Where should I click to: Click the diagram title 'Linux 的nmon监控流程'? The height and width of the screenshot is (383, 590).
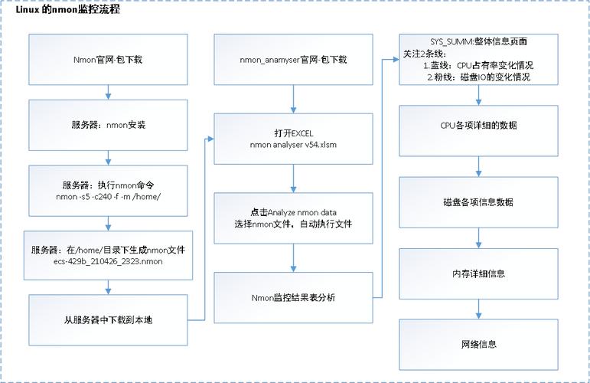coord(68,9)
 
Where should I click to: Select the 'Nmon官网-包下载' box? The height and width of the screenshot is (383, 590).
coord(108,60)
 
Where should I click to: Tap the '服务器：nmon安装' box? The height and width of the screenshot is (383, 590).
coord(108,125)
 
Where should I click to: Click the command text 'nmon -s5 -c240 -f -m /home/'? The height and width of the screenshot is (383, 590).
coord(109,197)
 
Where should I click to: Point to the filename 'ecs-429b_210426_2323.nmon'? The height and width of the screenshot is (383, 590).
coord(108,261)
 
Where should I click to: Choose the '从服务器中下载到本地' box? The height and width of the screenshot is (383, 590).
coord(108,320)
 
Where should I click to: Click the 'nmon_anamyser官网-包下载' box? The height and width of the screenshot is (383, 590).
coord(294,60)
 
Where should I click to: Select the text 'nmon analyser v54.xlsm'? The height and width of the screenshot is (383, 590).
coord(294,145)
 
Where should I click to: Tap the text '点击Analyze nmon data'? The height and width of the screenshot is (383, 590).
coord(294,212)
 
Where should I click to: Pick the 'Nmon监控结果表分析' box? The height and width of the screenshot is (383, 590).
coord(294,297)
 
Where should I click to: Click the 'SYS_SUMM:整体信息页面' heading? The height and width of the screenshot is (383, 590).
coord(478,41)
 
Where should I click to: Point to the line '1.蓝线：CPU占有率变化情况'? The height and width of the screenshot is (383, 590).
coord(478,66)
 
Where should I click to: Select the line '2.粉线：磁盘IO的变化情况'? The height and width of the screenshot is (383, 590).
coord(478,77)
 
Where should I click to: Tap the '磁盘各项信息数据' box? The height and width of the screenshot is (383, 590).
coord(478,202)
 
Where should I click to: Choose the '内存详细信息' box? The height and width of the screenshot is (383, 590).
coord(478,273)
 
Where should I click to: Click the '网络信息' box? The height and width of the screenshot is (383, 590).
coord(478,345)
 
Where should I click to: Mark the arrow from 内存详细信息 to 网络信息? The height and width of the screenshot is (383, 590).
coord(478,309)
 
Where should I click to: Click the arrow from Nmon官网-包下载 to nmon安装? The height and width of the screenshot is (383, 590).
coord(109,92)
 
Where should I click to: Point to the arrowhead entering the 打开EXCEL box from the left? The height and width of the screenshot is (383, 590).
coord(210,139)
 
